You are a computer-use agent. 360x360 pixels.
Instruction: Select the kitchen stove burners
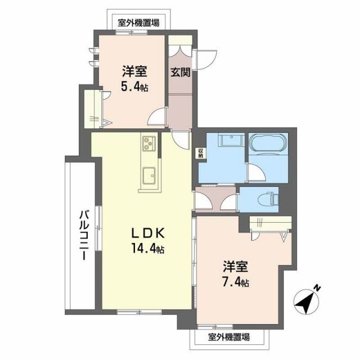point(148,143)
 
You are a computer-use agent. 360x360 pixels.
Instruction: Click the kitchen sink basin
point(149,177)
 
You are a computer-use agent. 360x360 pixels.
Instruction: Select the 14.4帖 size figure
point(148,248)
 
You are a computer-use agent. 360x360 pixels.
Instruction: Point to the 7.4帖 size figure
point(236,282)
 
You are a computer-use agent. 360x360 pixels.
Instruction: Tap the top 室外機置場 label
point(138,23)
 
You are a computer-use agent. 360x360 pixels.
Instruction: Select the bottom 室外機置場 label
point(229,337)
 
